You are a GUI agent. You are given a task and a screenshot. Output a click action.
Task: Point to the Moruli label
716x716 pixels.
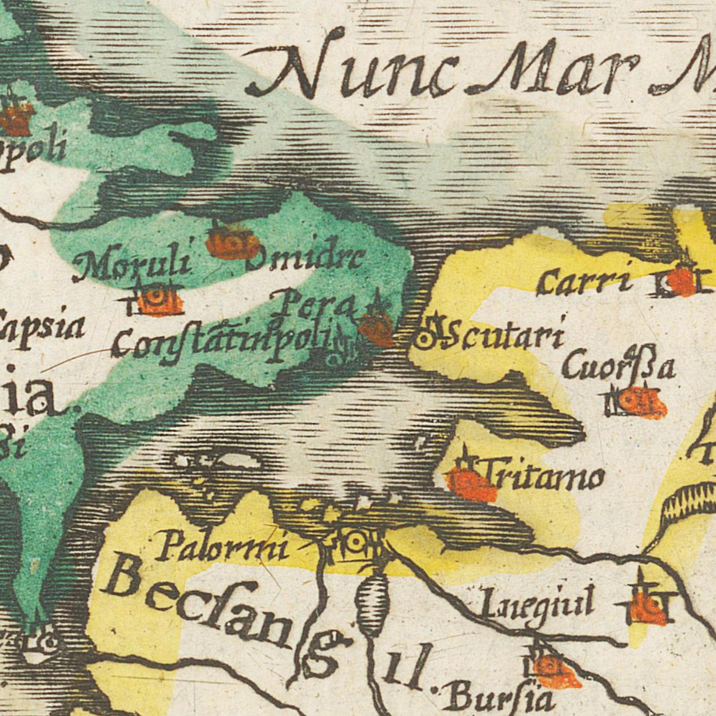click(133, 264)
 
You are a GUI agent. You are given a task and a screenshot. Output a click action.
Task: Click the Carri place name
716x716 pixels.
click(585, 282)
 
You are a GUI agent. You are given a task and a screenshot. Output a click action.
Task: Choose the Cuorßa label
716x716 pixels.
click(618, 368)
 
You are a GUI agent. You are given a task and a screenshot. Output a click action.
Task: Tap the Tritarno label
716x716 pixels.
click(544, 477)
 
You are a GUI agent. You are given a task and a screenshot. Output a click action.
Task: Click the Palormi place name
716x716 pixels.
click(222, 548)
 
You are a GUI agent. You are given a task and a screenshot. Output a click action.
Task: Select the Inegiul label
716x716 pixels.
click(538, 604)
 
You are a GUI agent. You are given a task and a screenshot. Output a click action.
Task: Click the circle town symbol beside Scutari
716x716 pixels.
click(425, 339)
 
